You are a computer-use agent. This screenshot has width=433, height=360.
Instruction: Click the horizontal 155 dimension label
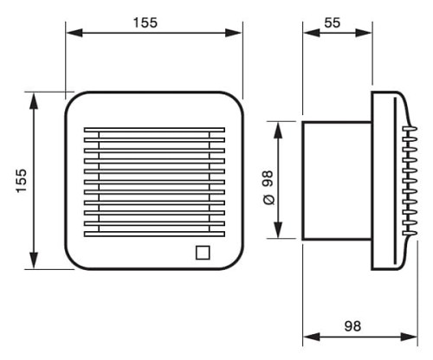pyautogui.click(x=145, y=22)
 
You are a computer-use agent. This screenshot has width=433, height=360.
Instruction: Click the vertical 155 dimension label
pyautogui.click(x=22, y=181)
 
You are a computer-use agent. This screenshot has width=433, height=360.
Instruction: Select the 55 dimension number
pyautogui.click(x=333, y=22)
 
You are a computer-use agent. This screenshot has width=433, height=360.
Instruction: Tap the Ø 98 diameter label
pyautogui.click(x=268, y=188)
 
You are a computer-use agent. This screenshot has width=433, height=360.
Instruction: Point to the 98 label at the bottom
pyautogui.click(x=352, y=326)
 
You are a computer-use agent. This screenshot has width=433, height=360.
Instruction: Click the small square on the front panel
pyautogui.click(x=203, y=253)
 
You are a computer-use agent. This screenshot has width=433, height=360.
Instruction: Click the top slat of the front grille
pyautogui.click(x=154, y=130)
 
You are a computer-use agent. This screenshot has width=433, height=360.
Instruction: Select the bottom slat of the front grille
pyautogui.click(x=154, y=234)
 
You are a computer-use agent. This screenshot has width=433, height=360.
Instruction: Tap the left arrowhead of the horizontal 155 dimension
pyautogui.click(x=74, y=33)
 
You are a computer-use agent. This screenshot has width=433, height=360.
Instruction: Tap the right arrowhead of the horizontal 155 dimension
pyautogui.click(x=233, y=33)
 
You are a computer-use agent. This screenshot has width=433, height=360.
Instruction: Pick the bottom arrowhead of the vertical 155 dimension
pyautogui.click(x=34, y=260)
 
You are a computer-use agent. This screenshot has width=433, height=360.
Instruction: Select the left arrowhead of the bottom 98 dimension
pyautogui.click(x=312, y=337)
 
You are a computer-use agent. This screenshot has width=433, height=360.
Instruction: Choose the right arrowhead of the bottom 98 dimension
pyautogui.click(x=409, y=337)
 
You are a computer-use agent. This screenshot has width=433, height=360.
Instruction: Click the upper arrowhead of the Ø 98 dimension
pyautogui.click(x=278, y=130)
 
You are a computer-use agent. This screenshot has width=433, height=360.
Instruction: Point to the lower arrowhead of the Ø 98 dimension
pyautogui.click(x=278, y=230)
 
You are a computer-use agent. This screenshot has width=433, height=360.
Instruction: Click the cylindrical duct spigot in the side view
pyautogui.click(x=337, y=181)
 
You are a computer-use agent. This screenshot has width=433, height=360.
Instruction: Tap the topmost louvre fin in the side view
pyautogui.click(x=410, y=129)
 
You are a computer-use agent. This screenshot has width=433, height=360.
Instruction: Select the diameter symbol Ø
pyautogui.click(x=269, y=200)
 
